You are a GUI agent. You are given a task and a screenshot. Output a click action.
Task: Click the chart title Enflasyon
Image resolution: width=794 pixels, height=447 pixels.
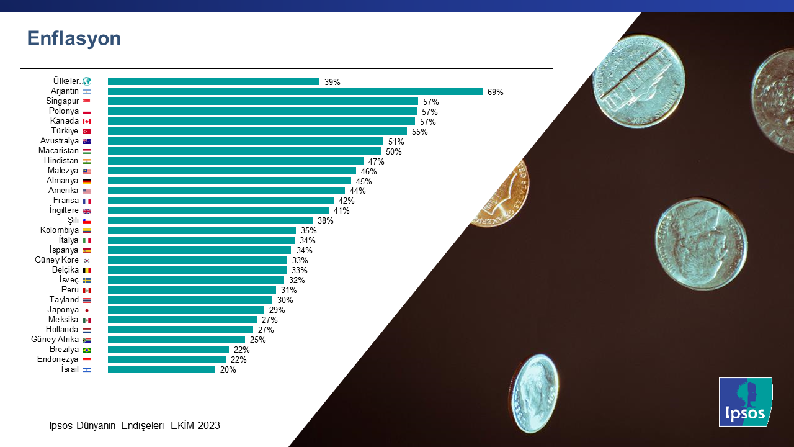(x=74, y=38)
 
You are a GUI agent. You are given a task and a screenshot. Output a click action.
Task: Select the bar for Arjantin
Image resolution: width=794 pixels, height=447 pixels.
(x=295, y=91)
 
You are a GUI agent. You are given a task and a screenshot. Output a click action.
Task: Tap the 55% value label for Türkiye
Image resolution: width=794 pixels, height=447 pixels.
(x=420, y=132)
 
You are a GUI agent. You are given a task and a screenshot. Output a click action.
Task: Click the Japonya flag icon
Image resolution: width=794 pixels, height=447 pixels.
(x=87, y=310)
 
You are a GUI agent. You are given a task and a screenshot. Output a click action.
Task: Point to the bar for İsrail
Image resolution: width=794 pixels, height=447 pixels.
(x=161, y=369)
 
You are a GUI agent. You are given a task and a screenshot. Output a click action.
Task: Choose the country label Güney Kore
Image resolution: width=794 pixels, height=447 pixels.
(x=56, y=260)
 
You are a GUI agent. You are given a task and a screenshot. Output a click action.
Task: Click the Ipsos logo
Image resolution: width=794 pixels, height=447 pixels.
(x=745, y=402)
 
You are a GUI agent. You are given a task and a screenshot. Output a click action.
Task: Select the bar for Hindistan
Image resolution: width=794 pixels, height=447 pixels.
(x=235, y=161)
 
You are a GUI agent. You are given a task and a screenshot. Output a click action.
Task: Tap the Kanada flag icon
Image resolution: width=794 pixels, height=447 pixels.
(x=87, y=121)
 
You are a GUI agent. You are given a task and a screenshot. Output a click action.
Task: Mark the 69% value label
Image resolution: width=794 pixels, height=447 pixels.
(x=495, y=92)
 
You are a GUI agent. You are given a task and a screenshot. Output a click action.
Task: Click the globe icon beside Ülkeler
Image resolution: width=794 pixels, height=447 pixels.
(x=87, y=81)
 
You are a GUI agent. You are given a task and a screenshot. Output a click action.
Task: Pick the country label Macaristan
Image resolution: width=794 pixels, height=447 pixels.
(x=58, y=151)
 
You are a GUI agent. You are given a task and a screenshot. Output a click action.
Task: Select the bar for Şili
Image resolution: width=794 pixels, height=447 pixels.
(x=210, y=220)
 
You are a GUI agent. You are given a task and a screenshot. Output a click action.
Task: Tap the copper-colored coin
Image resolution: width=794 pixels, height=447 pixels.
(x=502, y=192)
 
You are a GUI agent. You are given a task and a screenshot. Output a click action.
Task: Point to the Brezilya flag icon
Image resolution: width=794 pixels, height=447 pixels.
(x=87, y=350)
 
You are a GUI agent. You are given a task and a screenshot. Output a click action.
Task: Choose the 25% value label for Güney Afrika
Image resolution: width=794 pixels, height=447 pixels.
(x=257, y=340)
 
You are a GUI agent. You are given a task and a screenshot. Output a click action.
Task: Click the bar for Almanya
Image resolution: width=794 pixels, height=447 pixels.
(x=229, y=181)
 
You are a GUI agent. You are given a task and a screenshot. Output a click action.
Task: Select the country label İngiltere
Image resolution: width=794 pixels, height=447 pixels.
(x=60, y=210)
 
